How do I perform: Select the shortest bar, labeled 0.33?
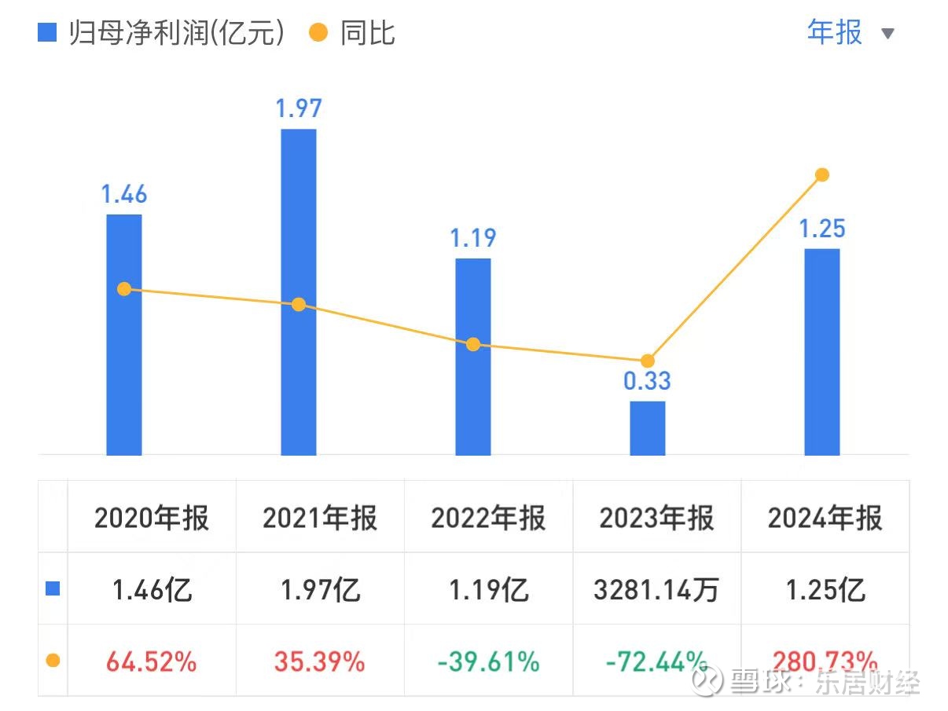(x=648, y=428)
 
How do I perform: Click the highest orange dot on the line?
(x=822, y=174)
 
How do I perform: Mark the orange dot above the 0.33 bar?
(x=648, y=361)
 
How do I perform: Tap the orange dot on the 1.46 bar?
(x=124, y=289)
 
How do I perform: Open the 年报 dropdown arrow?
(x=888, y=34)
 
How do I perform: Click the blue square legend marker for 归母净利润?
(x=48, y=33)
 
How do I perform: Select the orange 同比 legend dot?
(x=318, y=33)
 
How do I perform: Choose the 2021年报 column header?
(x=320, y=519)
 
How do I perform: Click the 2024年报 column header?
(x=825, y=519)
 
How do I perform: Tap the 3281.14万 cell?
(x=656, y=589)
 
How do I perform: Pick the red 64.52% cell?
(x=152, y=662)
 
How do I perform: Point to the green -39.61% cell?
(x=488, y=662)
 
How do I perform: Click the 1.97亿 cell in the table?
(x=320, y=589)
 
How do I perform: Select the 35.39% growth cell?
(x=320, y=662)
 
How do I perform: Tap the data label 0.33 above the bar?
(x=648, y=381)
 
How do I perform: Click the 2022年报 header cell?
(x=488, y=519)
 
